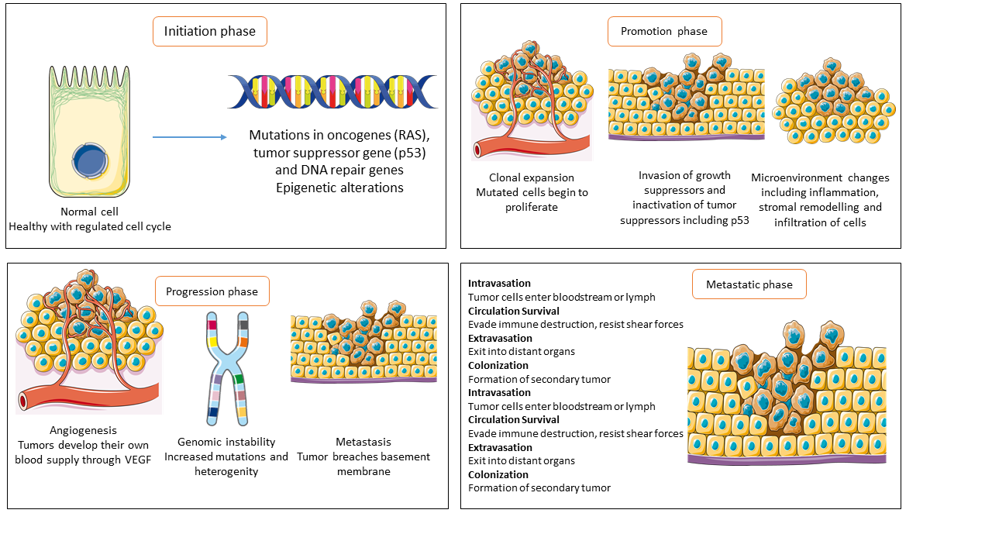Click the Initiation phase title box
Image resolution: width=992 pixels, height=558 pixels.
point(210,32)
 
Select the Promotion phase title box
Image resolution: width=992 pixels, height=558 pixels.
point(664,32)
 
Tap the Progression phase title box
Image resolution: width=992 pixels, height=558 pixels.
point(212,291)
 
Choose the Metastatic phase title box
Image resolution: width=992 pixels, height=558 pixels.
point(749,284)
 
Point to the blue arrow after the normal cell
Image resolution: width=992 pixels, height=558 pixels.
point(189,137)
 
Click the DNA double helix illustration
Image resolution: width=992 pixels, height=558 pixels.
point(332,91)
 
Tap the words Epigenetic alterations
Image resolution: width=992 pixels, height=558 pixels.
point(339,188)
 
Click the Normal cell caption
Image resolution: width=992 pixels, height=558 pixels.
point(89,212)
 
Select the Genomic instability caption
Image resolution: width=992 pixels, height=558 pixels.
point(226,442)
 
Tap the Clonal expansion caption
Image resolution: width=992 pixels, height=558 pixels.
point(531,177)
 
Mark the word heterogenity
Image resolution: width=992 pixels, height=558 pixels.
point(226,471)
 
